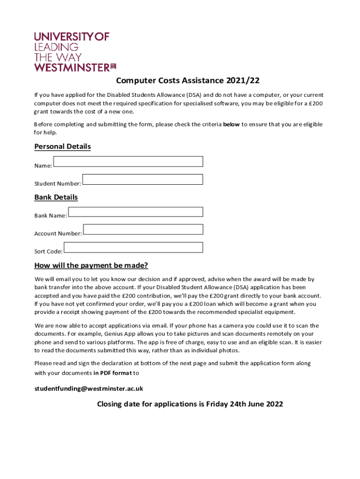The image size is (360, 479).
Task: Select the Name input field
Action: (128, 161)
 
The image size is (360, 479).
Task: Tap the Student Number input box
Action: (143, 179)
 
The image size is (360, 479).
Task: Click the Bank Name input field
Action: (136, 211)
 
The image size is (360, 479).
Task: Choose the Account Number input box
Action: (143, 229)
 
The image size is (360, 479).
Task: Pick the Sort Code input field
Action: (133, 247)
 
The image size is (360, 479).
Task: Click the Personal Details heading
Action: (63, 146)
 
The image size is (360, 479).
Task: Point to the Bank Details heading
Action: (56, 197)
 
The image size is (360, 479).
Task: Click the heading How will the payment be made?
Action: (91, 266)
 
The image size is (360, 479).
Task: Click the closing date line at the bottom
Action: (190, 404)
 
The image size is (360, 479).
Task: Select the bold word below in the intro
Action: (231, 124)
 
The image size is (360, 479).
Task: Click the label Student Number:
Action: (58, 183)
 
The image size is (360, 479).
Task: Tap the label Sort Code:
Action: (48, 251)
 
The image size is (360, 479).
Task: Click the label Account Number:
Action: (58, 233)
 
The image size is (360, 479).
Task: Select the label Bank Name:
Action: (50, 216)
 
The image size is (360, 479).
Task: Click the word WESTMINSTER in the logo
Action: (72, 67)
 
